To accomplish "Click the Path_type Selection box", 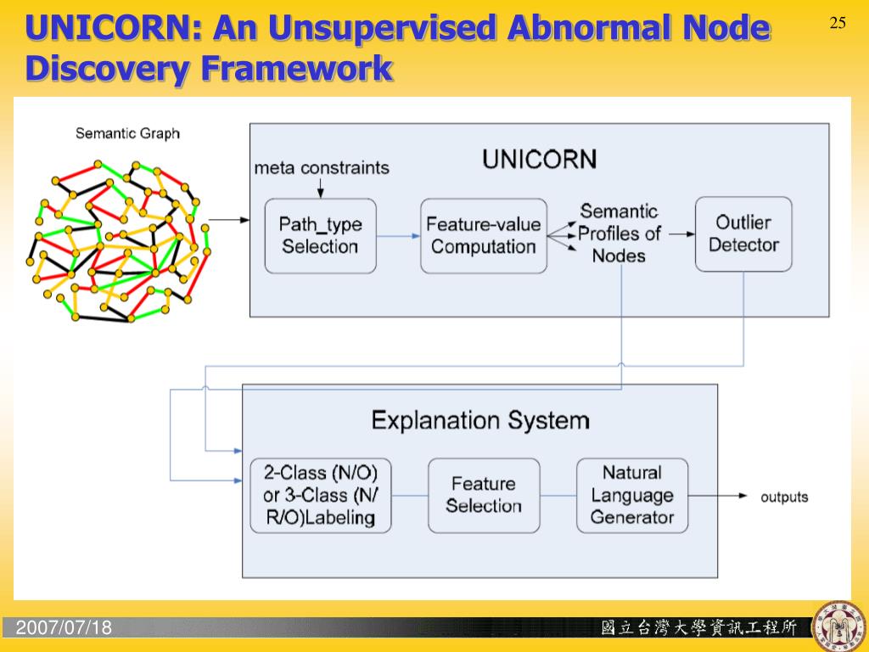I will coord(320,235).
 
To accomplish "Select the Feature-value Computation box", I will coord(484,235).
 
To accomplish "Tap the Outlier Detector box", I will coord(743,233).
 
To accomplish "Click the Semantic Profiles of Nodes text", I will coord(620,233).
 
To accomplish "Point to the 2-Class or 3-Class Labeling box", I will coord(321,495).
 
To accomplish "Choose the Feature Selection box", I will coord(484,495).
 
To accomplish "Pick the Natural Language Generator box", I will coord(632,495).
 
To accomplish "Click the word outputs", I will coord(784,497).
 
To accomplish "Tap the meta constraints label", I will coord(322,167).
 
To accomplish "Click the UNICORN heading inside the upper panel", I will coord(540,159).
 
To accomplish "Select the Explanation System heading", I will coord(480,419).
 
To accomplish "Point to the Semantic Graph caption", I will coord(127,133).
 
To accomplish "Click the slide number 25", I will coord(838,23).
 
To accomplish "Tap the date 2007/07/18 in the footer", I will coord(64,628).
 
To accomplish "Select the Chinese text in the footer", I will coord(698,628).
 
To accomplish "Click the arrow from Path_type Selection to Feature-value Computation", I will coord(398,236).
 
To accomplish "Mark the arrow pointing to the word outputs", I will coord(718,496).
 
